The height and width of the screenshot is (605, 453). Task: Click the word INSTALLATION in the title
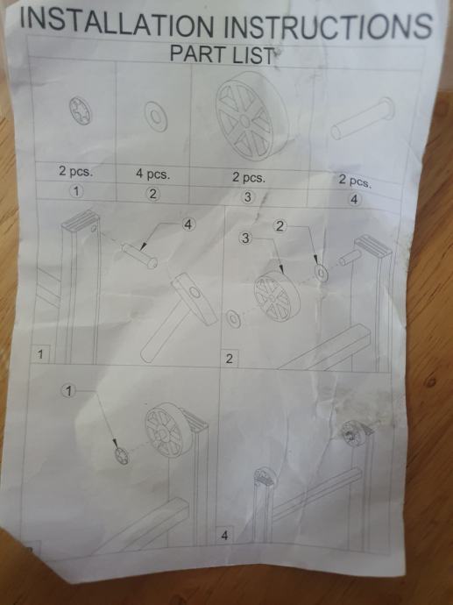click(117, 23)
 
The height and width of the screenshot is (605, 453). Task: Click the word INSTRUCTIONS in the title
click(328, 25)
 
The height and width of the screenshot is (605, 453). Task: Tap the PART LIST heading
click(223, 54)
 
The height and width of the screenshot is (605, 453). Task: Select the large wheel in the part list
click(251, 116)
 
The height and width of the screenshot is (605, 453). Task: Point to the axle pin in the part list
click(363, 118)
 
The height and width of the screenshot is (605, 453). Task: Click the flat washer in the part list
click(156, 116)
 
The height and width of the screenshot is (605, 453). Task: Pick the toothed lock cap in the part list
click(81, 110)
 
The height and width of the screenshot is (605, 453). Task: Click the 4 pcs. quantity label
click(152, 174)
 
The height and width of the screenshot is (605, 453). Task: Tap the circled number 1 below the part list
click(76, 190)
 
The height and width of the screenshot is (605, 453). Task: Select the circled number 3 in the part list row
click(247, 196)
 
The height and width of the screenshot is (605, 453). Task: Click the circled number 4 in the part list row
click(354, 200)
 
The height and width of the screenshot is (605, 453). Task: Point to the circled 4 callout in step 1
click(188, 224)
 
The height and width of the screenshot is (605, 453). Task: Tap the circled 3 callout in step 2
click(245, 238)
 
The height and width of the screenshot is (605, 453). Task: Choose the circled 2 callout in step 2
click(280, 226)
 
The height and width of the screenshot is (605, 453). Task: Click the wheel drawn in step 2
click(277, 296)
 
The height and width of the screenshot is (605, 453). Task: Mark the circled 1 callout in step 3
click(68, 391)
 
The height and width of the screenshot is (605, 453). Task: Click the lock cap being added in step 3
click(122, 456)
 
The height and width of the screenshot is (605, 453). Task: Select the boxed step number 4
click(225, 535)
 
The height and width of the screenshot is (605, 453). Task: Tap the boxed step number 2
click(229, 359)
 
